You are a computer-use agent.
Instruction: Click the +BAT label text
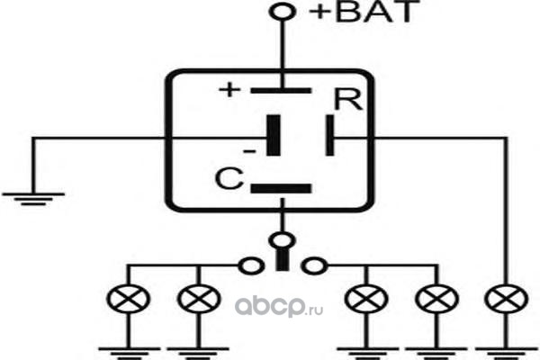pyautogui.click(x=364, y=12)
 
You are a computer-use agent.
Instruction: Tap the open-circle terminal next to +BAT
pyautogui.click(x=283, y=12)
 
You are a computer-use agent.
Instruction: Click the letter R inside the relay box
pyautogui.click(x=348, y=100)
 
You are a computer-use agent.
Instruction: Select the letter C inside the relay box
pyautogui.click(x=229, y=178)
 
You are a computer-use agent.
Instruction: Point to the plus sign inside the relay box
pyautogui.click(x=229, y=90)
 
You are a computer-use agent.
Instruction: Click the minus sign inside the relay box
pyautogui.click(x=249, y=151)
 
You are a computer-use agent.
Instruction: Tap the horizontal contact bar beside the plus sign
pyautogui.click(x=281, y=91)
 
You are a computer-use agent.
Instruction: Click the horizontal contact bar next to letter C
pyautogui.click(x=281, y=188)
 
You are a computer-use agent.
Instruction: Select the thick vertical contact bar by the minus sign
pyautogui.click(x=274, y=135)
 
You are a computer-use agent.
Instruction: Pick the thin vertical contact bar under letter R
pyautogui.click(x=329, y=135)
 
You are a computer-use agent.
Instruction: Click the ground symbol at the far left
pyautogui.click(x=33, y=199)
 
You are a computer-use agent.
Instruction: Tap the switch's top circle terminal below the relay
pyautogui.click(x=283, y=240)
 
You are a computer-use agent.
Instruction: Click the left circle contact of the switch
pyautogui.click(x=251, y=266)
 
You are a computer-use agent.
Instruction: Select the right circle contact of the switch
pyautogui.click(x=314, y=266)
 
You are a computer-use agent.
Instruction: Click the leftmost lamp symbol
pyautogui.click(x=129, y=299)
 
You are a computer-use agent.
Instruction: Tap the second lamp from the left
pyautogui.click(x=199, y=299)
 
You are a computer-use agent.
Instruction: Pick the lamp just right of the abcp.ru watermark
pyautogui.click(x=366, y=299)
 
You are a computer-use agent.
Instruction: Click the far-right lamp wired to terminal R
pyautogui.click(x=506, y=299)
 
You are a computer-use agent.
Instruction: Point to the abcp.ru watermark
pyautogui.click(x=279, y=307)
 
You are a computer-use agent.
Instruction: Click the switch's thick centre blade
pyautogui.click(x=283, y=259)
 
